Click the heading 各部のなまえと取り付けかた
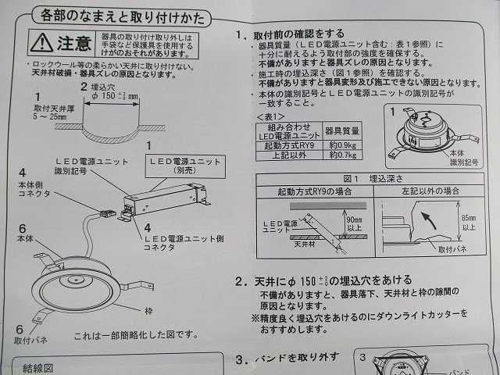pos(120,13)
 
